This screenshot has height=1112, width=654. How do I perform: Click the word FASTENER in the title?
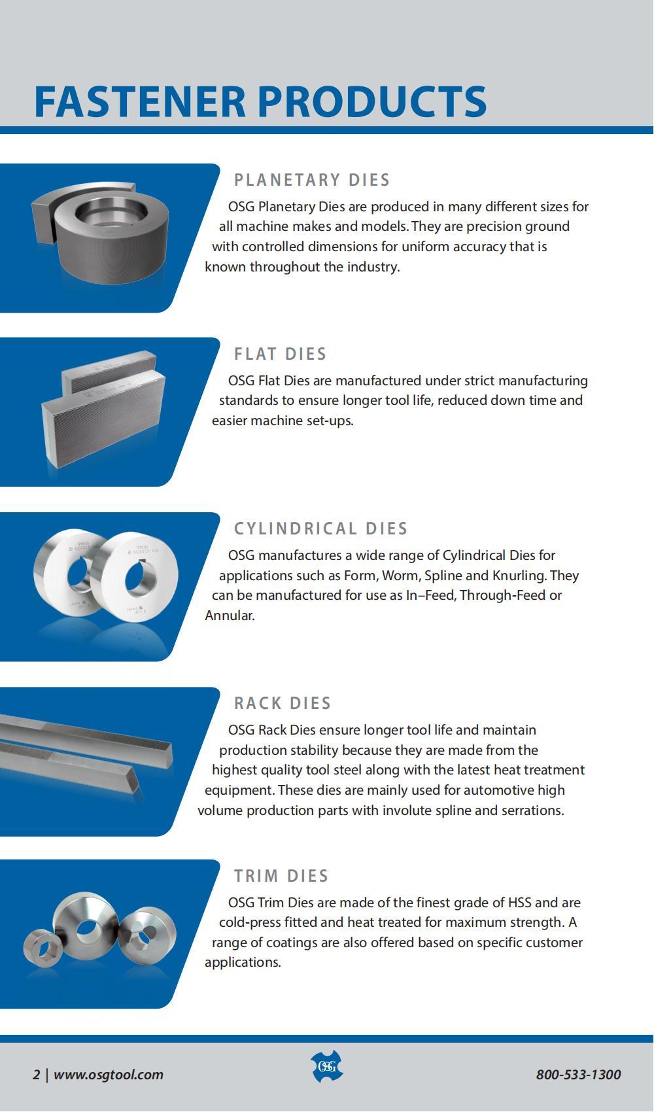pos(140,102)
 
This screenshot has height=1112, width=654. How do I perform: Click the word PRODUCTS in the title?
pos(372,102)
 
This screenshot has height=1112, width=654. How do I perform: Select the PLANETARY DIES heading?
pos(312,180)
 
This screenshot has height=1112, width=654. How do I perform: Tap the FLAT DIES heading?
pos(281,354)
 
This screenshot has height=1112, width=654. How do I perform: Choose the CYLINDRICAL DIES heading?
pos(320,529)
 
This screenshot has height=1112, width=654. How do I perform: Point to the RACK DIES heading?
pos(283,703)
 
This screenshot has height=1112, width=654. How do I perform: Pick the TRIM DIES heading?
pos(281,877)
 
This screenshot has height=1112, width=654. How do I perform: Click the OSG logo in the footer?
pos(327,1066)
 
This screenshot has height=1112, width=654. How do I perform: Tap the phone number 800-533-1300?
pos(578,1075)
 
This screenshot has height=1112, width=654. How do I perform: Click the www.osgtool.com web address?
pos(108,1075)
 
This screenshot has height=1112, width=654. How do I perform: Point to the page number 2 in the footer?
pos(36,1075)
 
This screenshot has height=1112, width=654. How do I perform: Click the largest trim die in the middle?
pos(86,924)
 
